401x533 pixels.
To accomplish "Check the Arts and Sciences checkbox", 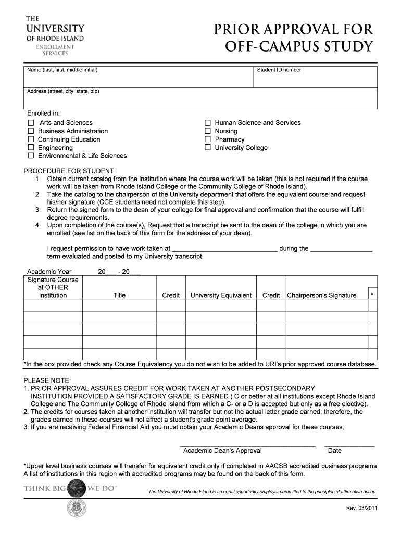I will (31, 123).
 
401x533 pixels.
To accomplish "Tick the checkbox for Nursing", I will (208, 131).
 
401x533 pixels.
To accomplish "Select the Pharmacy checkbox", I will (208, 139).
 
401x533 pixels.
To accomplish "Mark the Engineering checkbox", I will (31, 148).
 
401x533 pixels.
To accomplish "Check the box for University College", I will (208, 148).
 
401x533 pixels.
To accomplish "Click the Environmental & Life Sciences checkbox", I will (31, 156).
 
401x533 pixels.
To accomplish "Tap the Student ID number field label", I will (279, 70).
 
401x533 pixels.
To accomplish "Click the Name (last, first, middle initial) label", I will (62, 70).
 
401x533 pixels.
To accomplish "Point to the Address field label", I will (63, 91).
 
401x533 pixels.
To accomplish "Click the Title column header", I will (119, 295).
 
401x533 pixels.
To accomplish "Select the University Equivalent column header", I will (221, 295).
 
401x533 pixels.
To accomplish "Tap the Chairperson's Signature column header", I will (322, 295).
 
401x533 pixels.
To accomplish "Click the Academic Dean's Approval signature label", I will (222, 451).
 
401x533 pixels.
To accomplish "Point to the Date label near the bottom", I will (334, 451).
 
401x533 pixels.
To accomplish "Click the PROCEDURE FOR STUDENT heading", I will (70, 171).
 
